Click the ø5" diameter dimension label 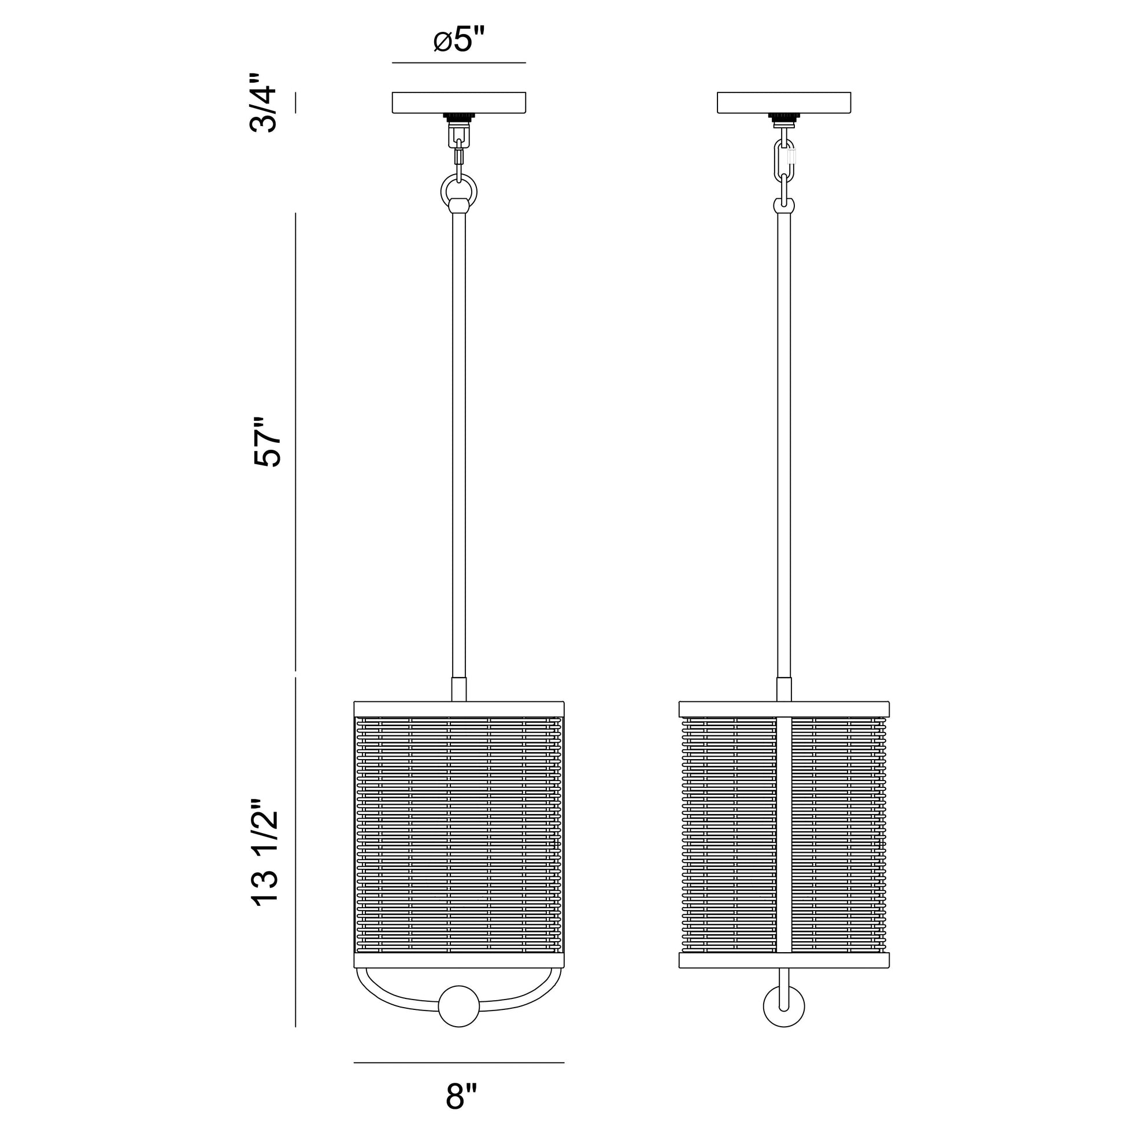[x=460, y=41]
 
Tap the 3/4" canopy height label [x=263, y=102]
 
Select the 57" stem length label [x=267, y=442]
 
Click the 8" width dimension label [x=461, y=1097]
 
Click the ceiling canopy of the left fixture [x=459, y=102]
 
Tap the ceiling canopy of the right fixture [x=784, y=102]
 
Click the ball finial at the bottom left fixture [x=459, y=1006]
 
